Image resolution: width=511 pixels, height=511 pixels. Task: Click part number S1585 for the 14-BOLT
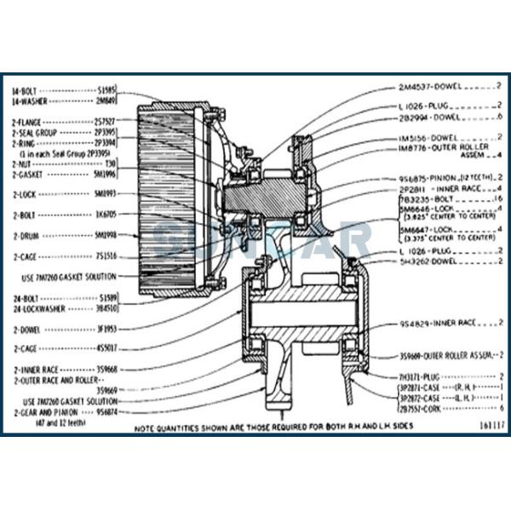[x=106, y=88]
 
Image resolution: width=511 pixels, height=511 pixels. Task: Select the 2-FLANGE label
[x=27, y=123]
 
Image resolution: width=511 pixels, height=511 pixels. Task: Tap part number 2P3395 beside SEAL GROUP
[x=105, y=133]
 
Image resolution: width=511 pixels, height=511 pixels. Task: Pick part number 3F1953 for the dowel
[x=106, y=327]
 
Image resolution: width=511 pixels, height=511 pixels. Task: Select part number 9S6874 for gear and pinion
[x=106, y=411]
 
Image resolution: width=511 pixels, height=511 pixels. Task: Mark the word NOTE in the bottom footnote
[x=147, y=423]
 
